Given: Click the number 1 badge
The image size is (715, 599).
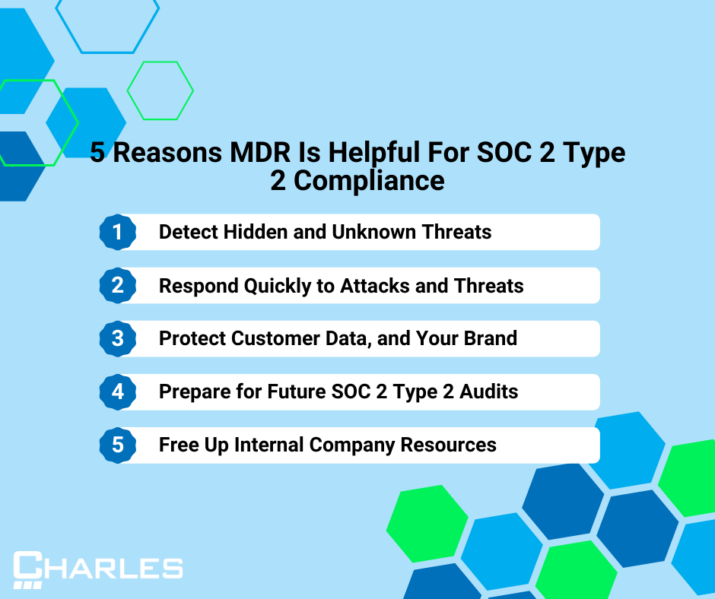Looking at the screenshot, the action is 118,232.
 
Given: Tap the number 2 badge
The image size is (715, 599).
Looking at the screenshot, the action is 118,285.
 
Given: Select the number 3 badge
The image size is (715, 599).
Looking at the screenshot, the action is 118,339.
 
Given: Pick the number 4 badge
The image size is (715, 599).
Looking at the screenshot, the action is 118,392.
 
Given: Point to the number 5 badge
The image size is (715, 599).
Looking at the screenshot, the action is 118,445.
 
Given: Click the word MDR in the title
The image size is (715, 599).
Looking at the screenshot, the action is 260,152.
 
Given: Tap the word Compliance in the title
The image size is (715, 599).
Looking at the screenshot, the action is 369,181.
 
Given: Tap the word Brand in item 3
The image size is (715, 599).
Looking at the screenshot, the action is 490,338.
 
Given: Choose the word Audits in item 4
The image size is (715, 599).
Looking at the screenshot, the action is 489,391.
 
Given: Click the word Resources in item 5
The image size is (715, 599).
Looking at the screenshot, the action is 448,445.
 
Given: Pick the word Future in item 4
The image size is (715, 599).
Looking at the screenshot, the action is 297,391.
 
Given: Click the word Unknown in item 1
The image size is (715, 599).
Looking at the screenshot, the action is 373,232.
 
